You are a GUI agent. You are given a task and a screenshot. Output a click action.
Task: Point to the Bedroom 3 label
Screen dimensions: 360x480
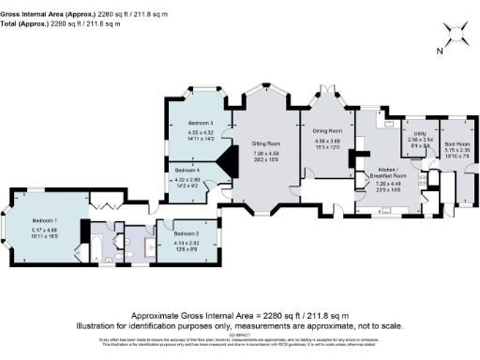click(x=201, y=123)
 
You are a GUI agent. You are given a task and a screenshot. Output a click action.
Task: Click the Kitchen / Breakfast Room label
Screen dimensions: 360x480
click(x=386, y=173)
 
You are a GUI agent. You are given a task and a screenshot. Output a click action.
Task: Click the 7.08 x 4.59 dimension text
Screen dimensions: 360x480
click(x=267, y=154)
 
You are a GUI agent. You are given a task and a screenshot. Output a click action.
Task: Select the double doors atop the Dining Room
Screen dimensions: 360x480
click(x=327, y=92)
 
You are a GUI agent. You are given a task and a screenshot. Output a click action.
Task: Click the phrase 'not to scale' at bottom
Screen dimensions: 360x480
click(x=379, y=325)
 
